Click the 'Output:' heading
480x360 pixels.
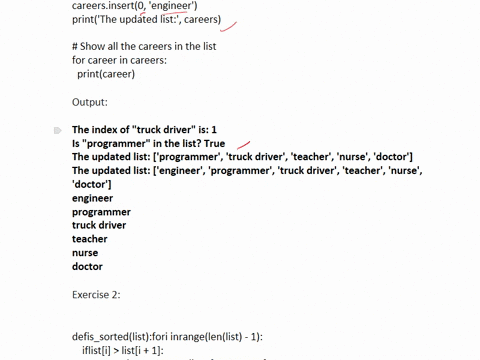pyautogui.click(x=89, y=102)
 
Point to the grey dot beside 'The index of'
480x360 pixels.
pyautogui.click(x=58, y=130)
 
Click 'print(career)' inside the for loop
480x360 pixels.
pyautogui.click(x=105, y=74)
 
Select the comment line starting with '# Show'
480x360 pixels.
pyautogui.click(x=144, y=47)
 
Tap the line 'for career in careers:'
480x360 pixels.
pyautogui.click(x=121, y=60)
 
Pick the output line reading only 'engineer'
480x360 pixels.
pyautogui.click(x=93, y=198)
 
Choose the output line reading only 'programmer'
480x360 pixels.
pyautogui.click(x=101, y=212)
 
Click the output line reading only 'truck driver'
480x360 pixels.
pyautogui.click(x=99, y=226)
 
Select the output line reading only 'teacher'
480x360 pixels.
pyautogui.click(x=89, y=239)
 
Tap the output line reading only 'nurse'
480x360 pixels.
pyautogui.click(x=87, y=253)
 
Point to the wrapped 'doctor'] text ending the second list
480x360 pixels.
pyautogui.click(x=92, y=185)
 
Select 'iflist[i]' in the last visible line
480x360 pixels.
pyautogui.click(x=103, y=351)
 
